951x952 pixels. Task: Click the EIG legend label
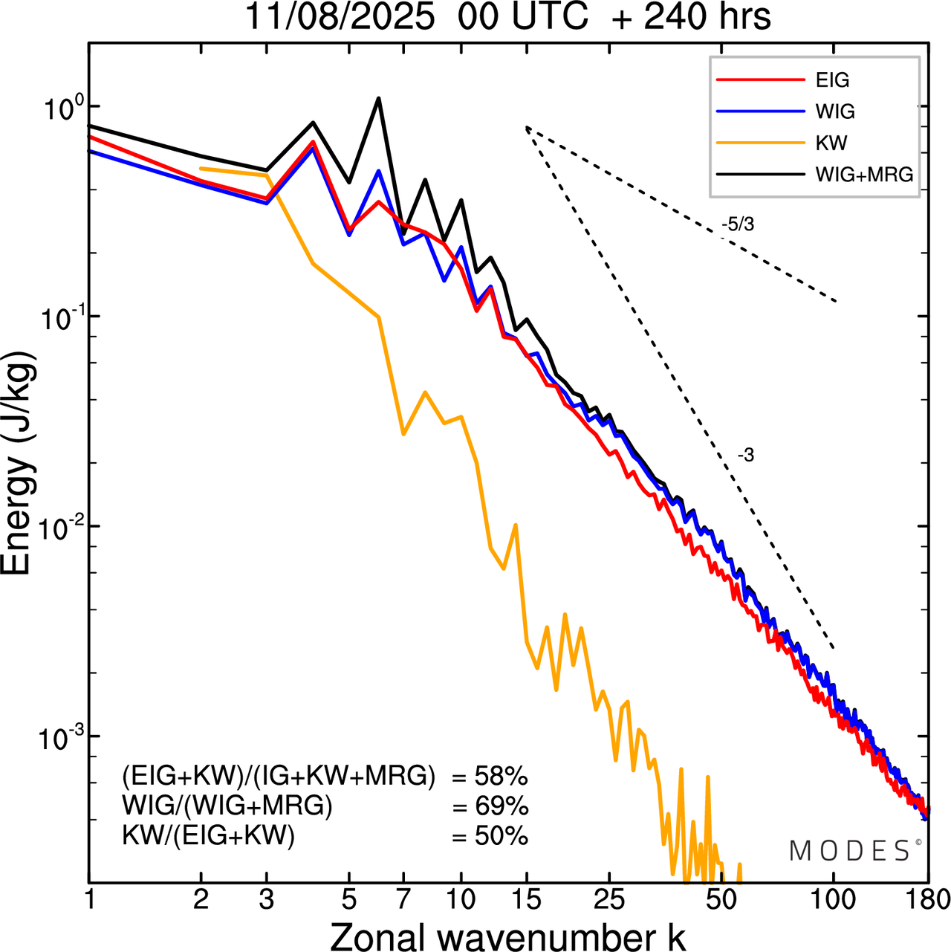(832, 80)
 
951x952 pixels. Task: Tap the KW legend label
(831, 143)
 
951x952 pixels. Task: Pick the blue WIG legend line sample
(761, 111)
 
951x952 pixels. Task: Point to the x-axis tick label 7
(403, 900)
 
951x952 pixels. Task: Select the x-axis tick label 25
(609, 900)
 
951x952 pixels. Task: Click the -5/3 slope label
(738, 224)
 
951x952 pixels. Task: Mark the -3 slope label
(746, 456)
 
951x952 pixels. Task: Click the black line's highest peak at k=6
(378, 98)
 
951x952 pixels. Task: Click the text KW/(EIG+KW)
(208, 837)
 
